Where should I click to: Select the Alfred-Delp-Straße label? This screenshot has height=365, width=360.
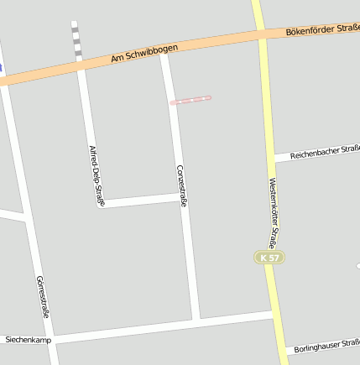click(x=96, y=175)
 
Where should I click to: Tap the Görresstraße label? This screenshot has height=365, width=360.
click(x=43, y=296)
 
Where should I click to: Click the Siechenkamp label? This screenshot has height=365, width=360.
click(x=28, y=340)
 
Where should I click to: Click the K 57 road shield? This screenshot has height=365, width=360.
click(x=268, y=257)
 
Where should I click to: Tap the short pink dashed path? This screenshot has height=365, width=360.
click(x=190, y=100)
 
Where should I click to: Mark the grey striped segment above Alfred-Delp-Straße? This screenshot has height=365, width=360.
click(x=76, y=42)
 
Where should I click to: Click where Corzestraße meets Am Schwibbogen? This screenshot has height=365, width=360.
click(x=165, y=53)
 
